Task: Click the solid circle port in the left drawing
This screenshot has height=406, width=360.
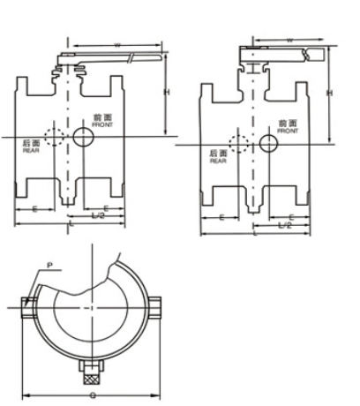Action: [84, 137]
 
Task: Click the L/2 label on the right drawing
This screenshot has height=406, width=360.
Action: [284, 225]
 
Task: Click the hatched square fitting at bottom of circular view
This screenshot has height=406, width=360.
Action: [91, 364]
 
